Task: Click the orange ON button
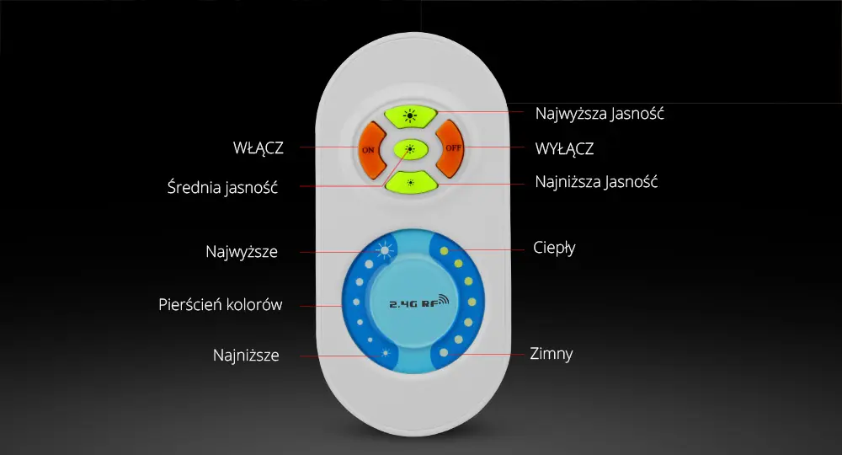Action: [371, 150]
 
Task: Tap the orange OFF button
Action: [450, 148]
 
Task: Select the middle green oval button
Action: [410, 149]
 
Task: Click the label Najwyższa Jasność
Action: [600, 114]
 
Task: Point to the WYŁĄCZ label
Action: [564, 149]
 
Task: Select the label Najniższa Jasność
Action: [596, 182]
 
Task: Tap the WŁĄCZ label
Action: [258, 148]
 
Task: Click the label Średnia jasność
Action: [222, 188]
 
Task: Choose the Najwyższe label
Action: [242, 251]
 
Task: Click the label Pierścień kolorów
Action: [220, 304]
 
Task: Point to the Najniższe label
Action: [246, 355]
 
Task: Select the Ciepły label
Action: [554, 248]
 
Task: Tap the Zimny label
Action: [551, 354]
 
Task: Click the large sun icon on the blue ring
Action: [385, 251]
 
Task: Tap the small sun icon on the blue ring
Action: [385, 354]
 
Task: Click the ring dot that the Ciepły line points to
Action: [444, 251]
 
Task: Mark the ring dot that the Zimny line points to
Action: [444, 353]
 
